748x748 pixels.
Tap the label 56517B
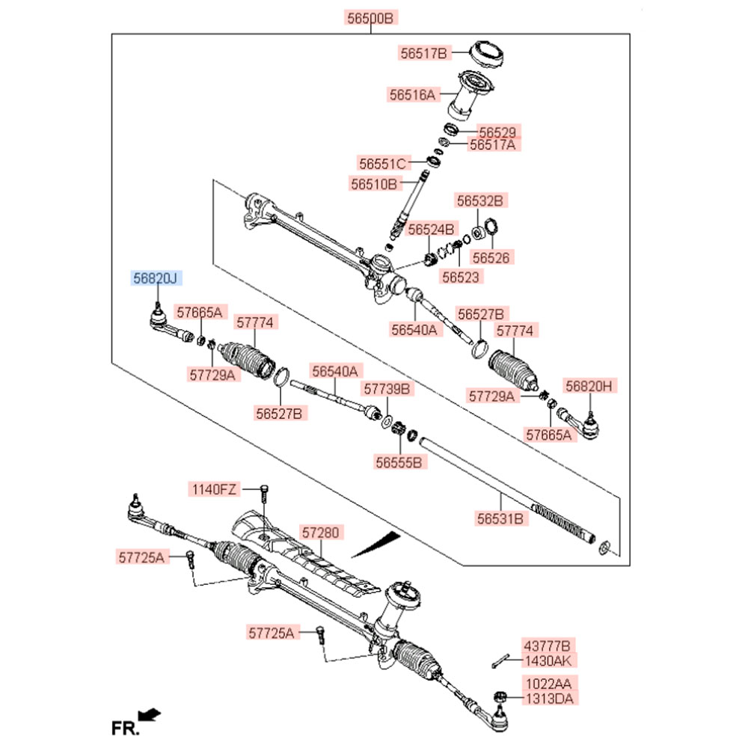point(423,53)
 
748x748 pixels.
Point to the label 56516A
point(412,95)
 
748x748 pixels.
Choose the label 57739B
point(387,389)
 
